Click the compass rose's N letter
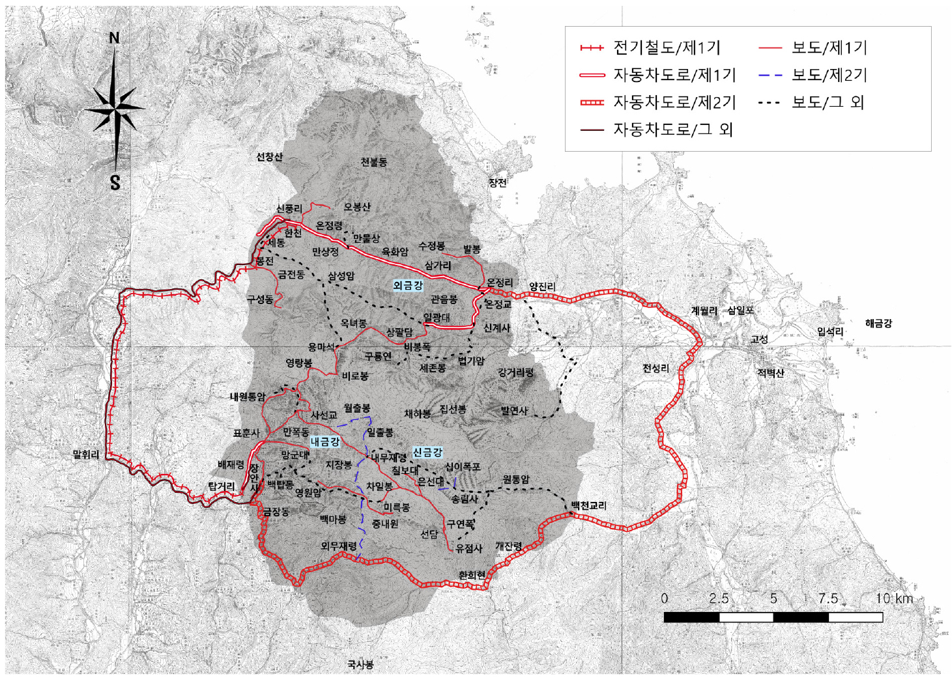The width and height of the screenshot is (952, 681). click(x=115, y=38)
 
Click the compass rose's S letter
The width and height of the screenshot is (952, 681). click(x=115, y=183)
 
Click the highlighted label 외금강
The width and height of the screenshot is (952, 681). click(x=408, y=285)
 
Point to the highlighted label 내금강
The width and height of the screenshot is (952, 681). click(x=325, y=441)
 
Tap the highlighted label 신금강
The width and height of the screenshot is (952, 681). click(x=427, y=452)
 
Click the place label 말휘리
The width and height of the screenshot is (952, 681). click(x=86, y=454)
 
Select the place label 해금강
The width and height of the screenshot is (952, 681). click(x=878, y=323)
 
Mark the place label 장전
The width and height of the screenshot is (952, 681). click(x=498, y=183)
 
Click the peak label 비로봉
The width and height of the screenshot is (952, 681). click(x=355, y=376)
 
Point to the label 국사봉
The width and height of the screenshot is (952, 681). click(x=360, y=665)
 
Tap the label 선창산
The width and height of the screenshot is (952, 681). click(x=269, y=157)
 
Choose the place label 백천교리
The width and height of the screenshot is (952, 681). click(x=588, y=505)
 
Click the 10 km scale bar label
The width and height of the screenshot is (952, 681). click(x=893, y=598)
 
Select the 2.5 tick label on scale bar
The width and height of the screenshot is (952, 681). click(x=719, y=598)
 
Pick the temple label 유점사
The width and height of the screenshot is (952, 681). click(x=469, y=548)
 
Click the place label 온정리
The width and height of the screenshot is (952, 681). click(x=500, y=283)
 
